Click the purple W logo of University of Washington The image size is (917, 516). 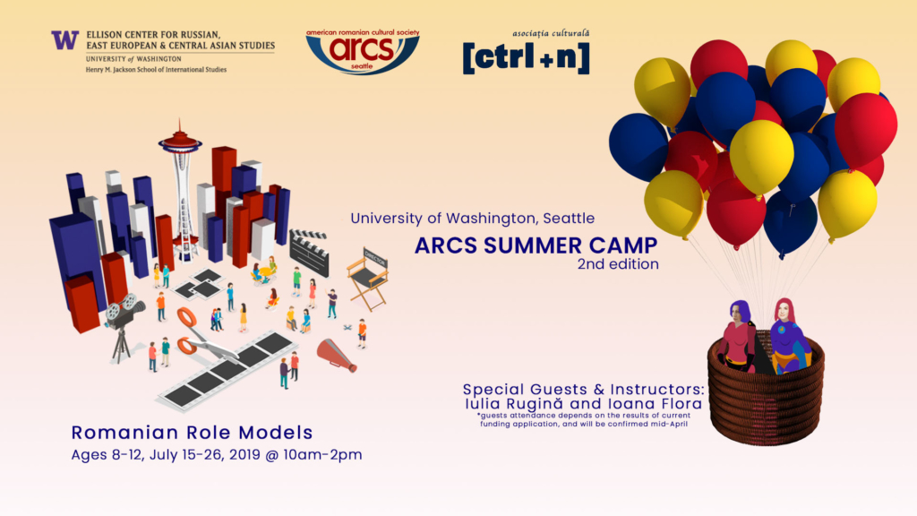point(64,39)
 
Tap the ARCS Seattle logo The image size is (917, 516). point(363,51)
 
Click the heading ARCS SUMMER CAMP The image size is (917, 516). point(536,245)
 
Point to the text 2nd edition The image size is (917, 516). point(618,264)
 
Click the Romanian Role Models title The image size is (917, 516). point(192,433)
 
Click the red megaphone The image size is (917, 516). point(337,355)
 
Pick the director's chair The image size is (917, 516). point(368,279)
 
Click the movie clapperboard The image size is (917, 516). point(309,252)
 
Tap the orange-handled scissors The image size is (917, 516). point(204,336)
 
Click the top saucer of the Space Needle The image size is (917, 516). point(179,141)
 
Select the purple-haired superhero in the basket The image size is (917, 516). point(739,337)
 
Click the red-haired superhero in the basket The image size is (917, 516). point(787,336)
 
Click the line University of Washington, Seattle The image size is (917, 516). point(473,219)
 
